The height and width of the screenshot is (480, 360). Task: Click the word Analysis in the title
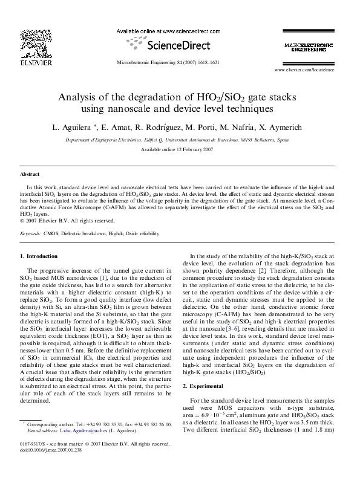(x=78, y=97)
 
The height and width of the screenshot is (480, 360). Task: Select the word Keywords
(x=30, y=233)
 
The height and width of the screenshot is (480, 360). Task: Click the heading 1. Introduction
(x=39, y=256)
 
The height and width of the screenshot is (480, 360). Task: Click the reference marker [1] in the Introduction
(x=103, y=277)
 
